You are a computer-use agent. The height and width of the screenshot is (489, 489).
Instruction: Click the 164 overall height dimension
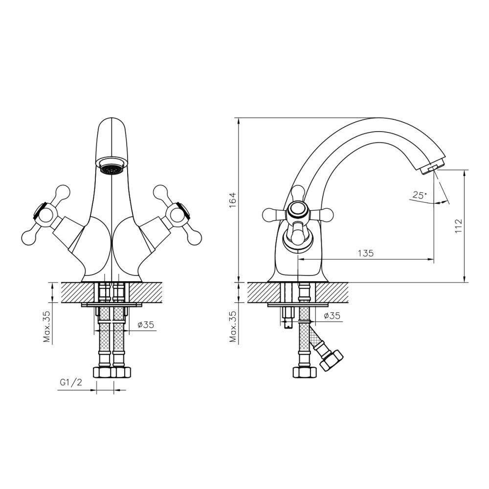point(232,200)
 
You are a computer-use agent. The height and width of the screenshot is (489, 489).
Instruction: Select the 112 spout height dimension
point(458,225)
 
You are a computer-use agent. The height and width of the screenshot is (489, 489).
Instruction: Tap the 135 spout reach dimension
point(365,253)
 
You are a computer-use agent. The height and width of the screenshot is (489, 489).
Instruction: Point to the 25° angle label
point(419,195)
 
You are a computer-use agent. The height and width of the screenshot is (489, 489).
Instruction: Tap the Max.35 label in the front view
point(47,326)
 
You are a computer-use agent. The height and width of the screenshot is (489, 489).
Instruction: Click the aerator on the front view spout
point(111,168)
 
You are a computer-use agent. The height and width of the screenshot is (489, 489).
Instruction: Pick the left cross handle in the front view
point(44,214)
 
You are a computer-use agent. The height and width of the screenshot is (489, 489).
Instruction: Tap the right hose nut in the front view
point(121,372)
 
